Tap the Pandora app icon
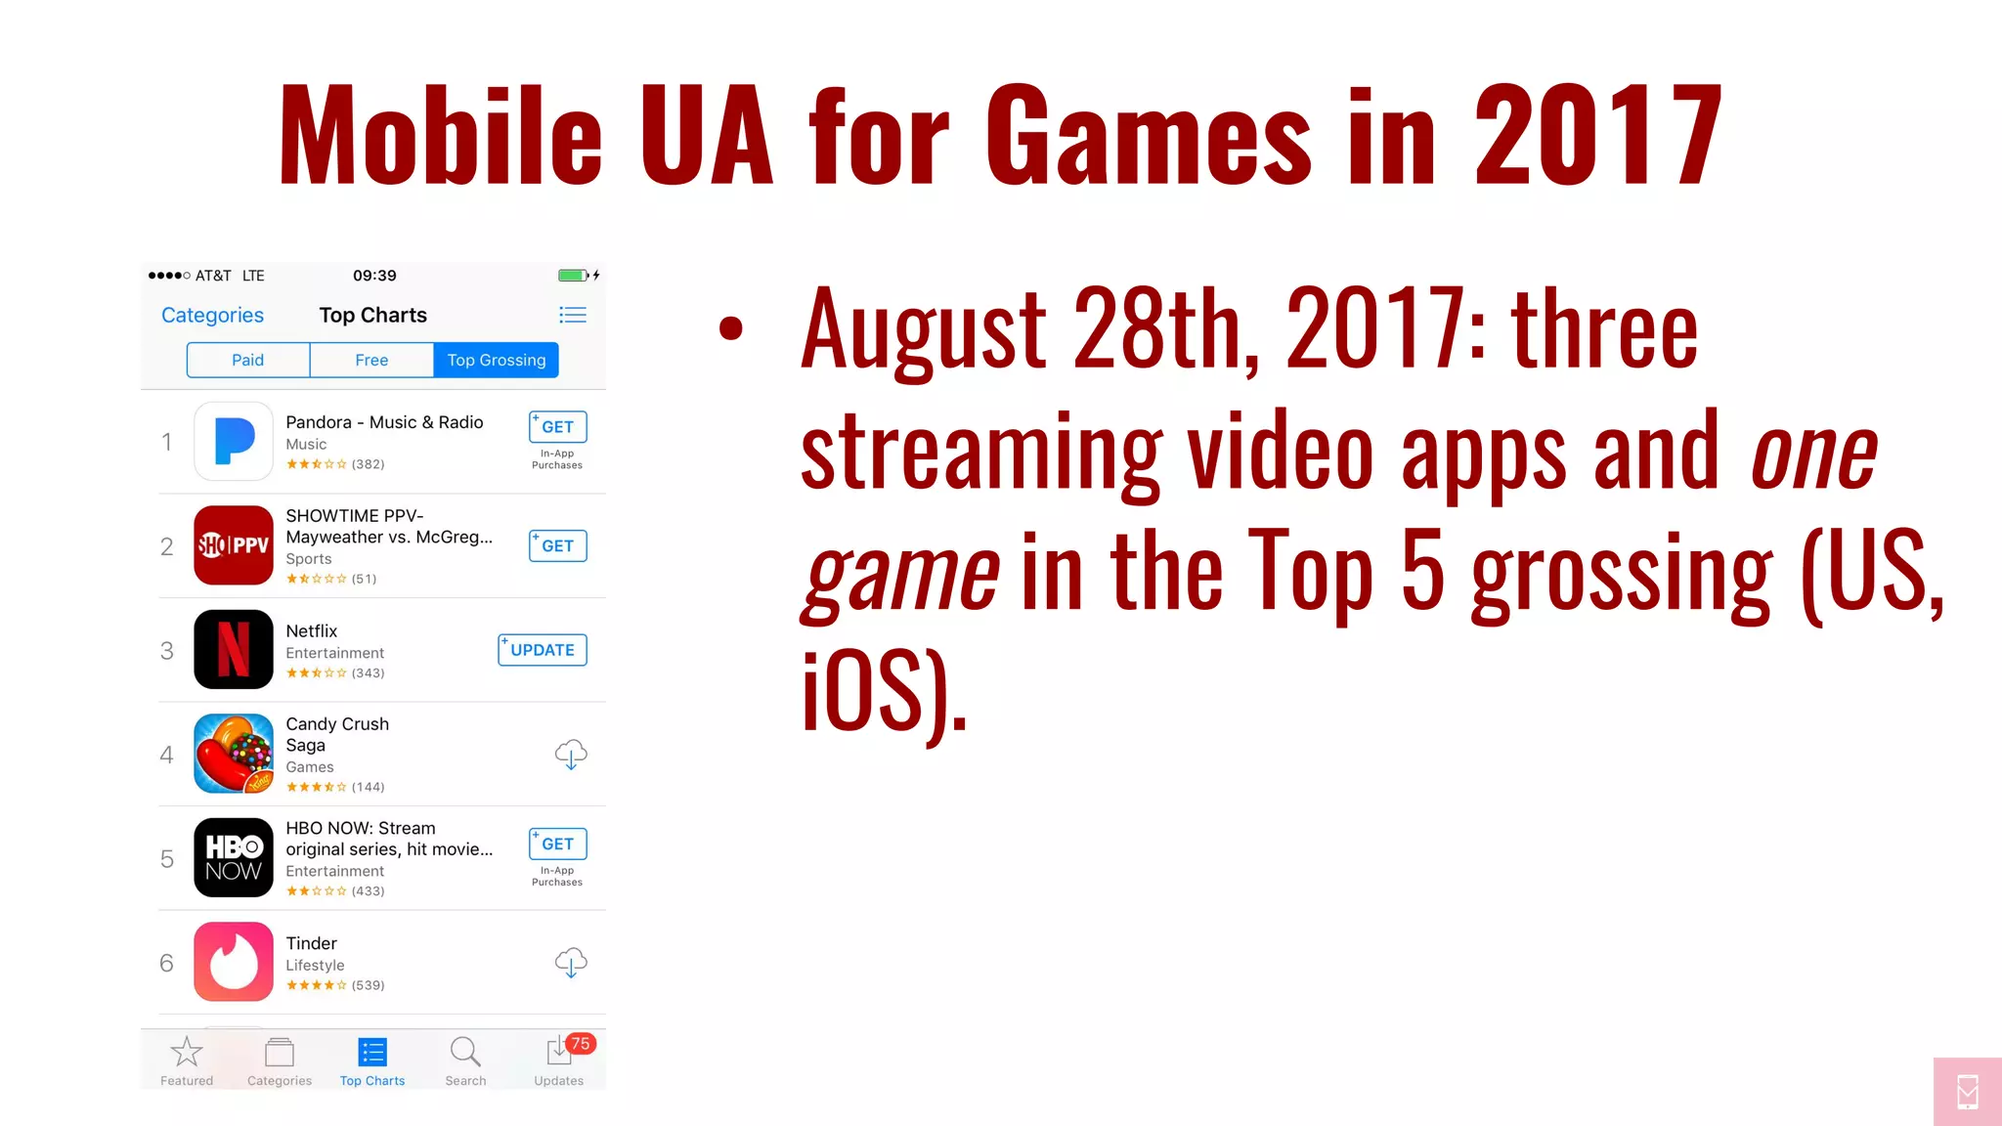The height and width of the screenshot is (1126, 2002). click(234, 441)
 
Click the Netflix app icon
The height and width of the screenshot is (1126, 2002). click(234, 650)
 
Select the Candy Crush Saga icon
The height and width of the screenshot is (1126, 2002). click(234, 754)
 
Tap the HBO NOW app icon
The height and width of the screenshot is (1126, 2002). click(234, 858)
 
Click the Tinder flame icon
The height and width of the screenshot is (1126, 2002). click(234, 962)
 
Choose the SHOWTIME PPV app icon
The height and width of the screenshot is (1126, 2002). click(234, 545)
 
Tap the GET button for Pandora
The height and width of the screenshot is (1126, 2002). click(557, 427)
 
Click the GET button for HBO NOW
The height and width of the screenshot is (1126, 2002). click(557, 844)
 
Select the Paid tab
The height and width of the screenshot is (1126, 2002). click(247, 360)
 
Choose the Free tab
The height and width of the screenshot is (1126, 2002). click(371, 360)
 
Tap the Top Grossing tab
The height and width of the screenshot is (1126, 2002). click(497, 360)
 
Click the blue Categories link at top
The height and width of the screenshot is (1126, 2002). click(212, 315)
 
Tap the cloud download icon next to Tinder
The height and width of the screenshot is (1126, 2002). click(571, 963)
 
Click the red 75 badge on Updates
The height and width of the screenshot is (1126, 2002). click(581, 1044)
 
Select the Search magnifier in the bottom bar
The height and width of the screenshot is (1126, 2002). click(465, 1053)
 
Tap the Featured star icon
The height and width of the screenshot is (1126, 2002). click(186, 1053)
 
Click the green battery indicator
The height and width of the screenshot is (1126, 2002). click(572, 276)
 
